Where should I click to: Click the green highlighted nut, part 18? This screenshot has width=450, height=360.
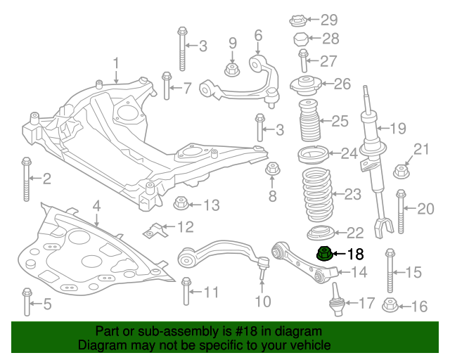pyautogui.click(x=323, y=254)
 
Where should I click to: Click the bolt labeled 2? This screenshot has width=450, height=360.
pyautogui.click(x=27, y=179)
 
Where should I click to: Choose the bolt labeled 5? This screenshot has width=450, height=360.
pyautogui.click(x=27, y=302)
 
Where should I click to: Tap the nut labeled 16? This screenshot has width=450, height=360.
pyautogui.click(x=390, y=306)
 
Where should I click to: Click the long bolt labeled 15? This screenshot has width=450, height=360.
pyautogui.click(x=390, y=271)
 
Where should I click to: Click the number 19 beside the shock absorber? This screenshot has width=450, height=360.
pyautogui.click(x=398, y=129)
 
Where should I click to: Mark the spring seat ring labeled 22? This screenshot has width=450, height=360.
pyautogui.click(x=316, y=233)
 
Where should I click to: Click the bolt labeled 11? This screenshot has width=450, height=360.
pyautogui.click(x=186, y=292)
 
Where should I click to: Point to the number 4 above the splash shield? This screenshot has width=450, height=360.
pyautogui.click(x=96, y=206)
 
